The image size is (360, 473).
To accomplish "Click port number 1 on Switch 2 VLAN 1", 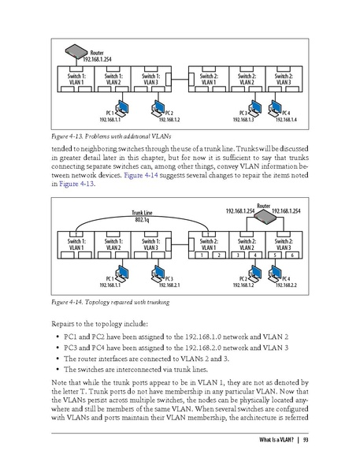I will (x=202, y=255).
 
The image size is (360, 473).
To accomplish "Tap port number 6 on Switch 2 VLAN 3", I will (x=292, y=255).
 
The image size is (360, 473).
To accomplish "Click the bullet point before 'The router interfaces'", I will (x=60, y=359).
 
